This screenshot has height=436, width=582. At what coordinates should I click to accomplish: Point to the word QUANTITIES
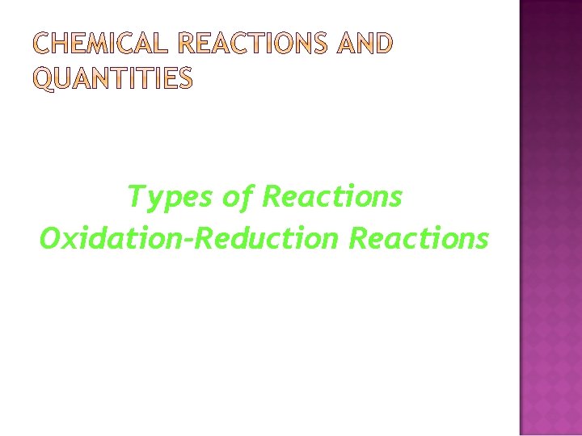tap(113, 78)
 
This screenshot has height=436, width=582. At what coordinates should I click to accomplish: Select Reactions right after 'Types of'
tap(333, 196)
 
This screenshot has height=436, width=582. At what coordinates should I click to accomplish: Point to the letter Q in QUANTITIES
tap(46, 79)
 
